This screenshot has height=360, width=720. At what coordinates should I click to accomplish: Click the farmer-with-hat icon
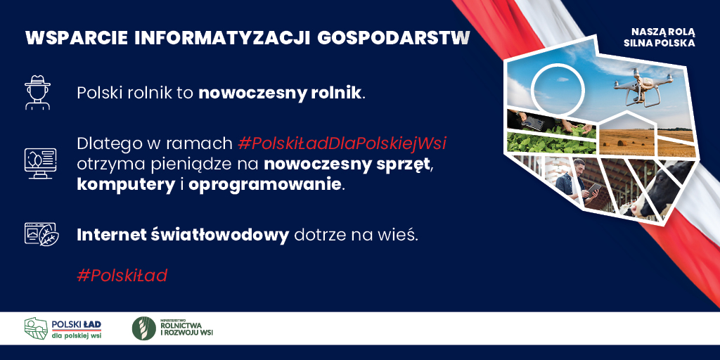38,93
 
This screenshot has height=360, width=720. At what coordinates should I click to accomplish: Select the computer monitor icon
40,163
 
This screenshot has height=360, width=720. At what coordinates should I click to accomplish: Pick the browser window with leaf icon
41,235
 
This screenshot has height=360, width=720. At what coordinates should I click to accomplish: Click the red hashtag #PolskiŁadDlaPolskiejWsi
342,144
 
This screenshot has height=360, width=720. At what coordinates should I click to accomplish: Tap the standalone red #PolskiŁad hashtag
122,276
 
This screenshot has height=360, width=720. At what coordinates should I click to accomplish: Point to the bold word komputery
126,185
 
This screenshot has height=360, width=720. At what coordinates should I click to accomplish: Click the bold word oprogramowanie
265,186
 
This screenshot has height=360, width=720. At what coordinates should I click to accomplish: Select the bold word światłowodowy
219,235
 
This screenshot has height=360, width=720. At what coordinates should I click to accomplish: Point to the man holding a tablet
574,182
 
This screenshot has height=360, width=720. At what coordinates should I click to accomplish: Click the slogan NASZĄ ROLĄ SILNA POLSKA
662,38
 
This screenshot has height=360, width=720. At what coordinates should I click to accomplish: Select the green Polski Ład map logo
37,328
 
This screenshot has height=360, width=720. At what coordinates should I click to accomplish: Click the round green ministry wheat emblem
143,328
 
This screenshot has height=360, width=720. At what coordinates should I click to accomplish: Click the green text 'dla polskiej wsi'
77,335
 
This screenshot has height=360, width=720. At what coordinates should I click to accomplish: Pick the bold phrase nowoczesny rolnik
281,94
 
